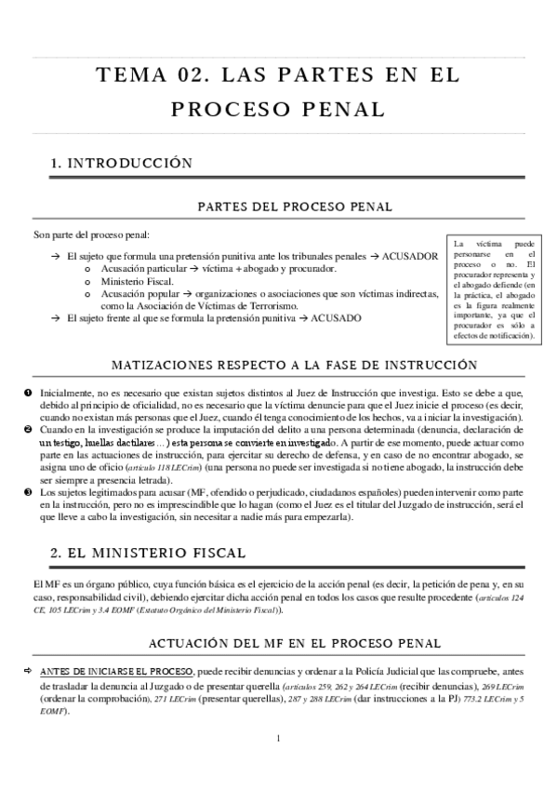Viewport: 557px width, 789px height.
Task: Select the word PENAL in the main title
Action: click(335, 109)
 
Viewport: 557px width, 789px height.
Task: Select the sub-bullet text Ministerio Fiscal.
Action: click(138, 280)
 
